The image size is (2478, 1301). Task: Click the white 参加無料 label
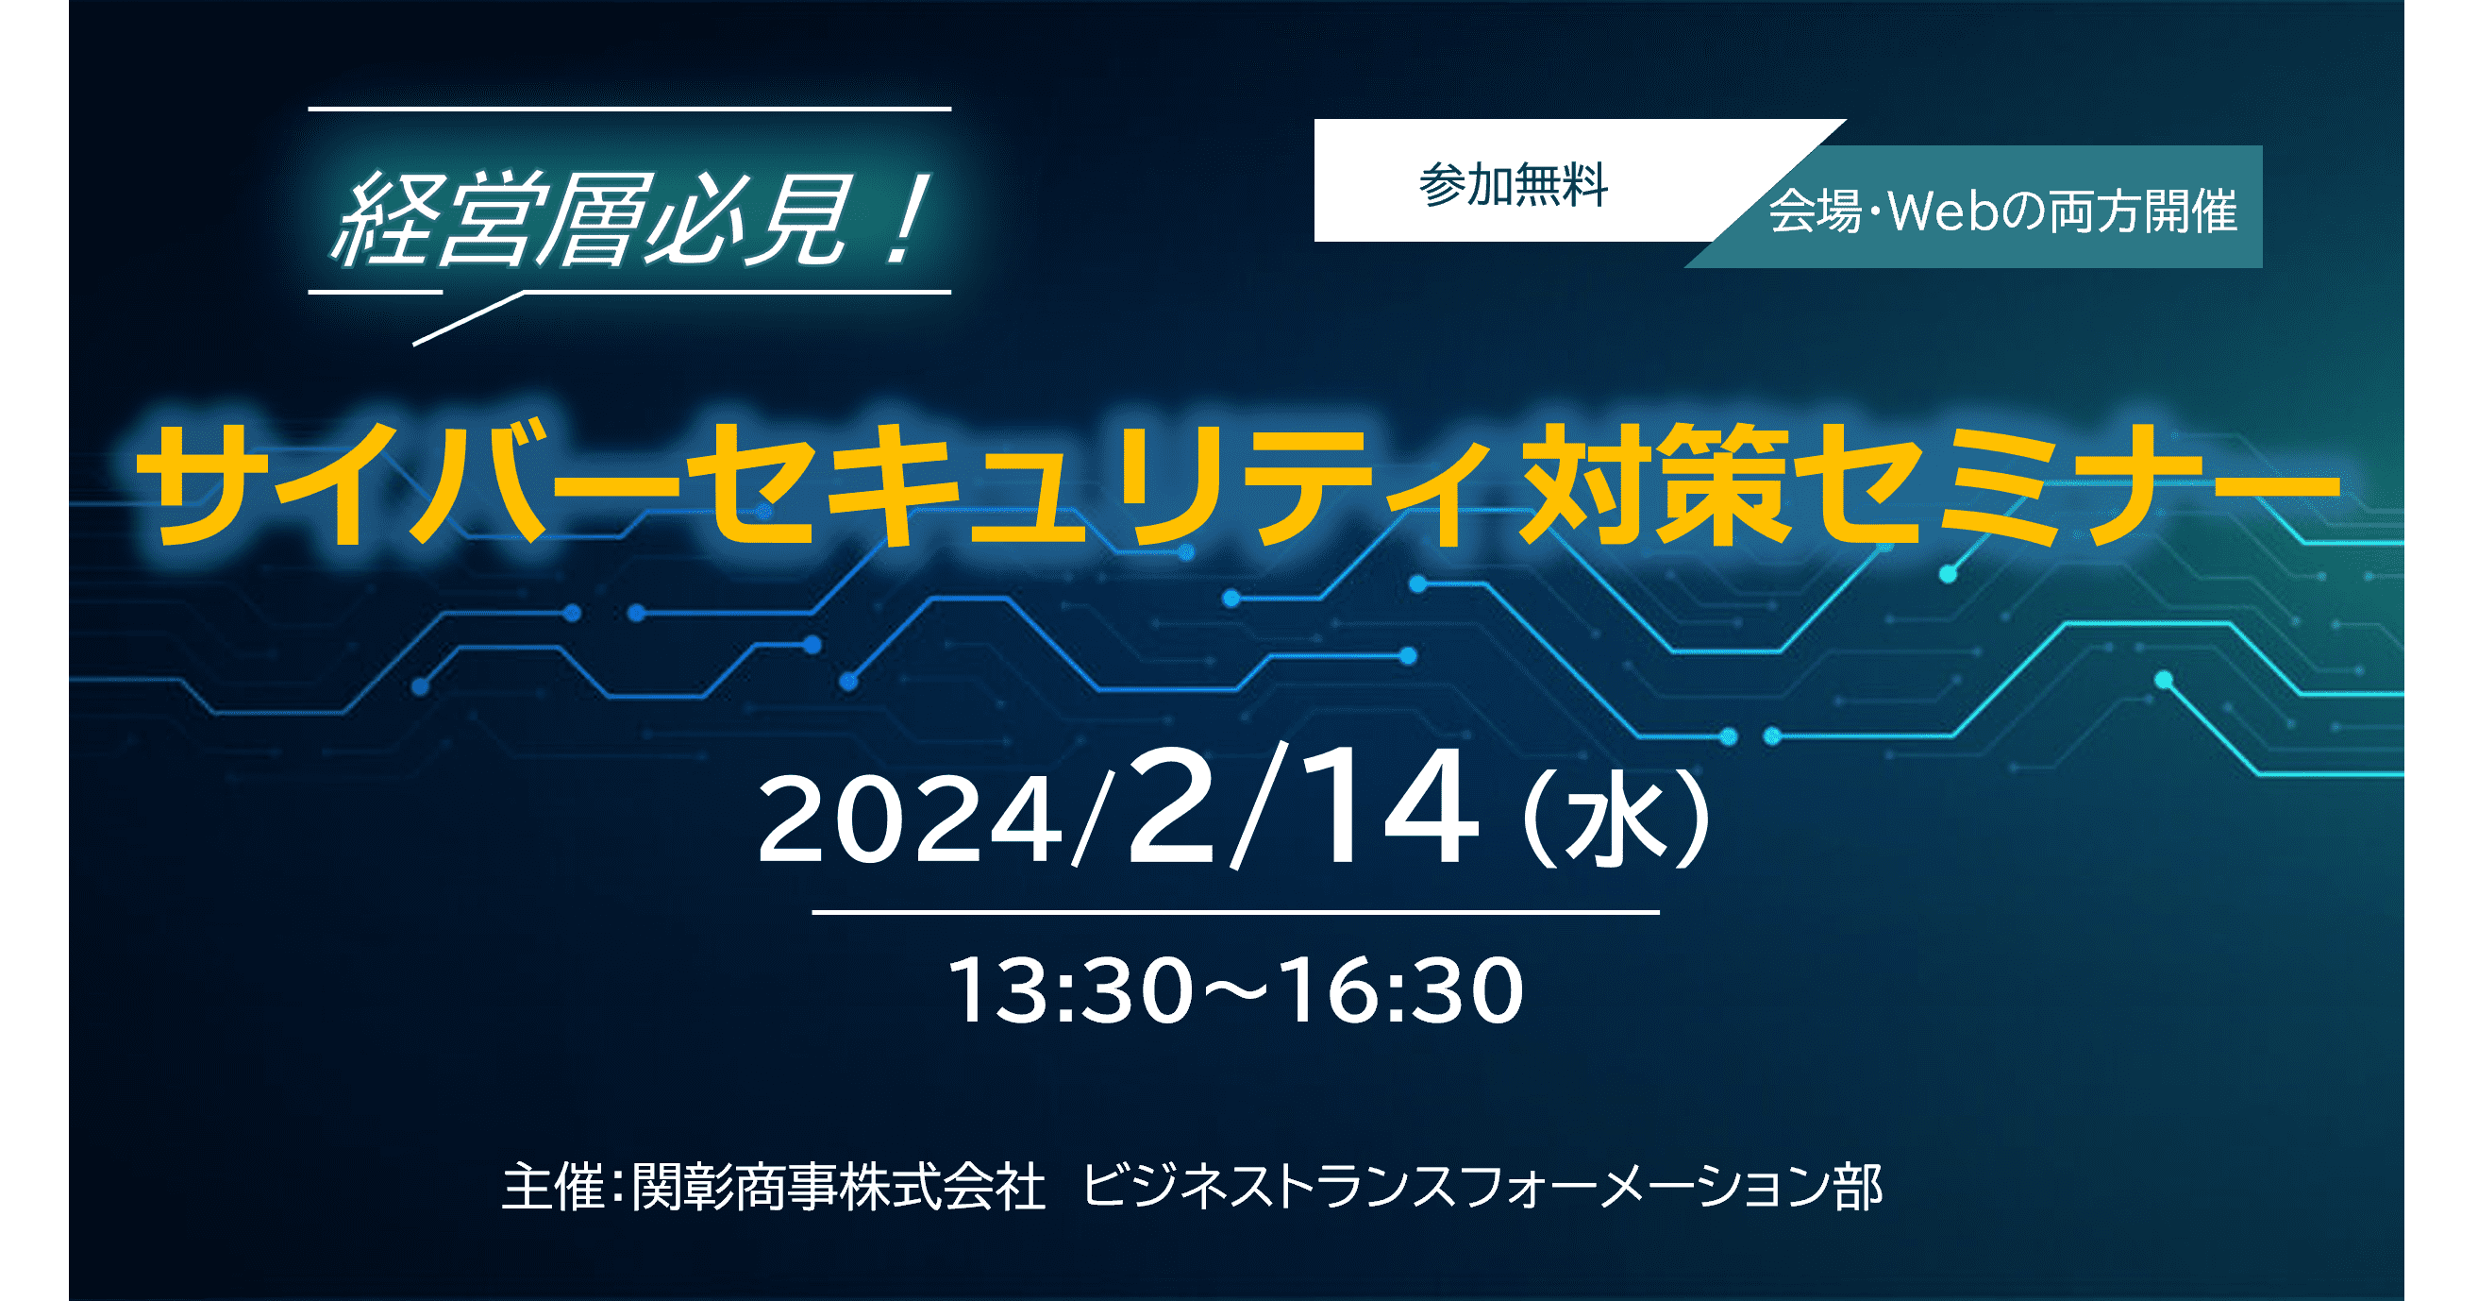(1514, 185)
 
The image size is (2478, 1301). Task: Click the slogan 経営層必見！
(629, 219)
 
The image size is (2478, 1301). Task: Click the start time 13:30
(1071, 990)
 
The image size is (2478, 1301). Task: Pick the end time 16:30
(1403, 990)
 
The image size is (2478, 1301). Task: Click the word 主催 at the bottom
(553, 1187)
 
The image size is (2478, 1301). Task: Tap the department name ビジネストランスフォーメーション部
(1482, 1187)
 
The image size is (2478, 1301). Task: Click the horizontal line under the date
(1236, 912)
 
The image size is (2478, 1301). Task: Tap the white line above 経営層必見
(630, 110)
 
